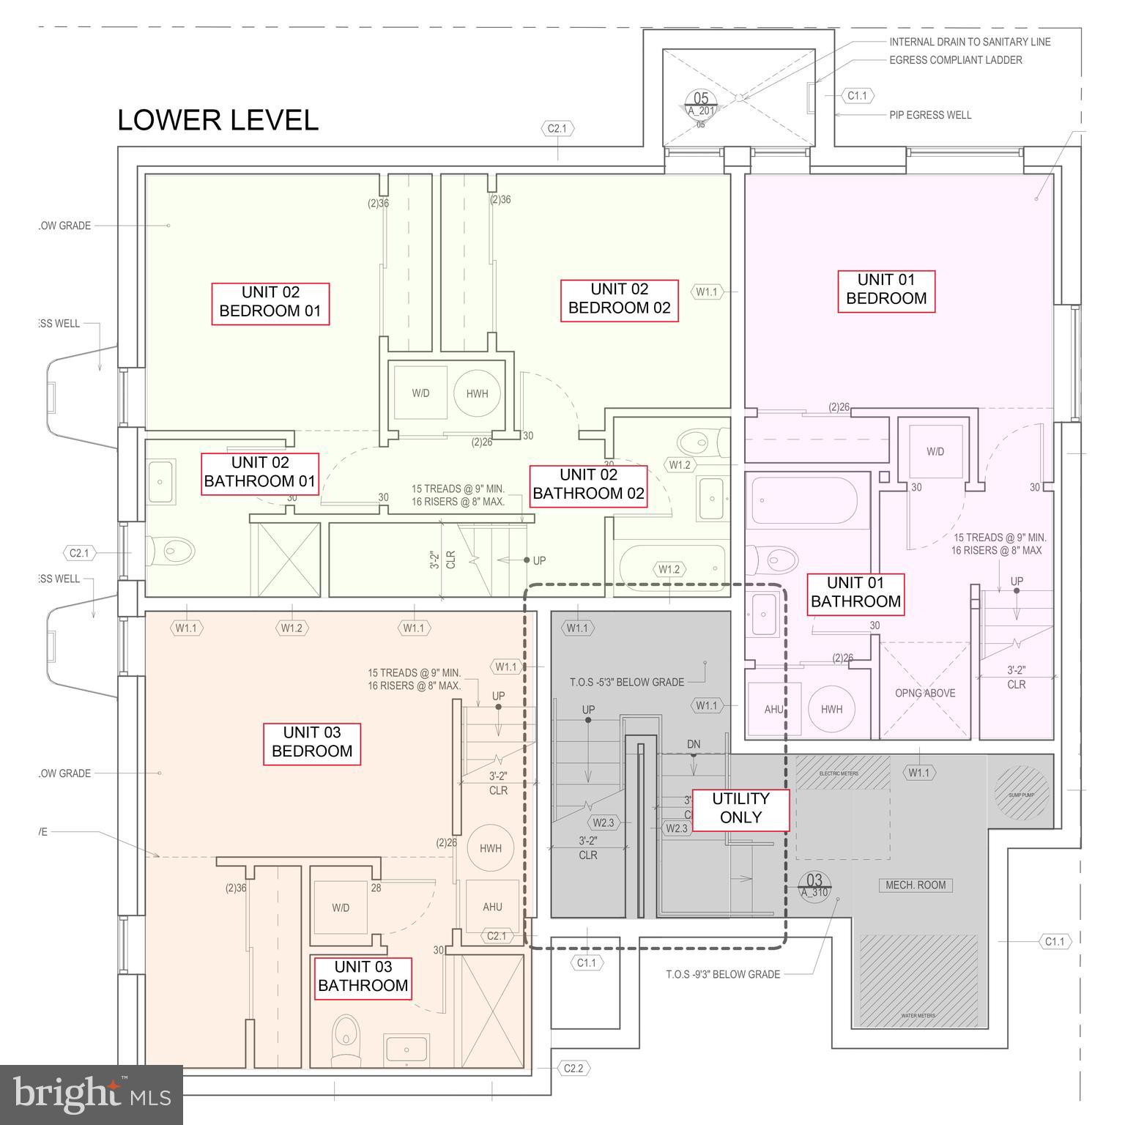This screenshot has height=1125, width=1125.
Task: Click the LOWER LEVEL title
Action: pyautogui.click(x=218, y=120)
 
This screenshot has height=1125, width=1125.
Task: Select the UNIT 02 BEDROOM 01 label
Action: pyautogui.click(x=270, y=302)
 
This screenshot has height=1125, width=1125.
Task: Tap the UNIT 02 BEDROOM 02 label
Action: pyautogui.click(x=619, y=299)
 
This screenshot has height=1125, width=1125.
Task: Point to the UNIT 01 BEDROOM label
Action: pyautogui.click(x=885, y=289)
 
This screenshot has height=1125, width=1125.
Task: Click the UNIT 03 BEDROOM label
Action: pyautogui.click(x=312, y=742)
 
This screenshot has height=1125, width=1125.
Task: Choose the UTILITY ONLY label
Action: pyautogui.click(x=740, y=809)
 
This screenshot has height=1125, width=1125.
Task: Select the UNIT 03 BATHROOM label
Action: pyautogui.click(x=363, y=976)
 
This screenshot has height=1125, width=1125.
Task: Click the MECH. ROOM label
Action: pyautogui.click(x=915, y=885)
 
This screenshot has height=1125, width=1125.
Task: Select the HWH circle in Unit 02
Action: pyautogui.click(x=477, y=393)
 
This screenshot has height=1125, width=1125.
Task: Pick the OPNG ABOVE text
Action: pyautogui.click(x=924, y=693)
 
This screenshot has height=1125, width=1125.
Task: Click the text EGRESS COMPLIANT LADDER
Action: pyautogui.click(x=955, y=60)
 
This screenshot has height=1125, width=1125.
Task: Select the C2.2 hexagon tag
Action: pyautogui.click(x=573, y=1069)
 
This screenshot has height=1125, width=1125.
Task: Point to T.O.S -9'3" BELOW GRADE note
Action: pyautogui.click(x=722, y=974)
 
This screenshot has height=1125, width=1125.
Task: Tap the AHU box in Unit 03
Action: pyautogui.click(x=492, y=907)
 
